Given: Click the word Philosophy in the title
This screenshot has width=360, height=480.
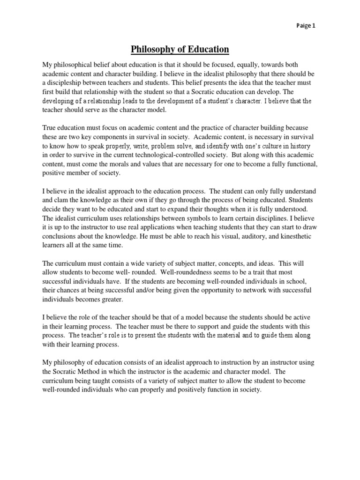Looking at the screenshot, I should click(154, 49).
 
